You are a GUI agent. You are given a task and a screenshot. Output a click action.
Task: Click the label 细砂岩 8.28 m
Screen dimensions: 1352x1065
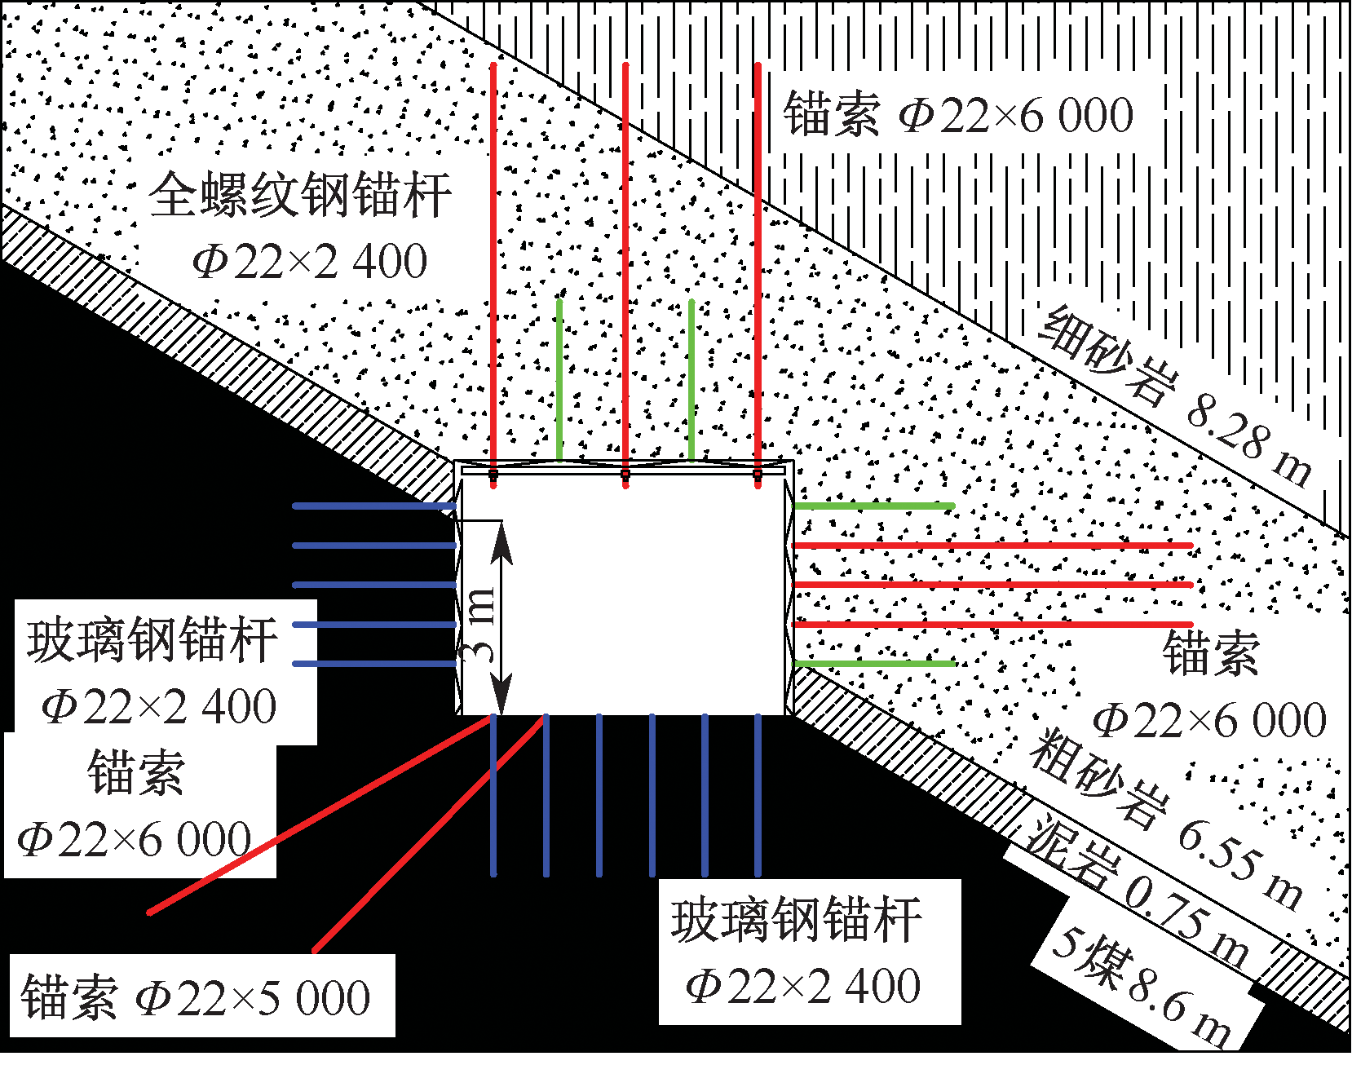tap(1175, 396)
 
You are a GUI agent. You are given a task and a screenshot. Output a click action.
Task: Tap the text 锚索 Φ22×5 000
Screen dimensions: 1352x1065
tap(196, 997)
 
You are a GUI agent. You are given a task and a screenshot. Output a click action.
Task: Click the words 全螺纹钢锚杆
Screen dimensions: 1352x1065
tap(300, 195)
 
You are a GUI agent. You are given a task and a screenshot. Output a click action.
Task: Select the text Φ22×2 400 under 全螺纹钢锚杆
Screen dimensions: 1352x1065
tap(310, 261)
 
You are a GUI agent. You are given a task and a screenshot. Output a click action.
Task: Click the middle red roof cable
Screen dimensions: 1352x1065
tap(625, 275)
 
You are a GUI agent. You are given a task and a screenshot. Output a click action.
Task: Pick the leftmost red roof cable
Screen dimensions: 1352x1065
tap(493, 275)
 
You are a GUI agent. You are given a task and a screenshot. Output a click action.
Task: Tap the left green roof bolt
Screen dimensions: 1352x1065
tap(559, 380)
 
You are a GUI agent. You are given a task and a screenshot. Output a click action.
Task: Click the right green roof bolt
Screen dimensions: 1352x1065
tap(691, 380)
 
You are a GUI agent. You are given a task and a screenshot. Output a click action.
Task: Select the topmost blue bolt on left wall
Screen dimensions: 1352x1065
tap(374, 506)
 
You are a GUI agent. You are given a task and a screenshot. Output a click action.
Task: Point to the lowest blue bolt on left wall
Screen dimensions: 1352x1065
tap(374, 664)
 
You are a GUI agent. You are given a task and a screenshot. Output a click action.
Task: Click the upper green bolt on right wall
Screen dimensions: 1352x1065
tap(874, 506)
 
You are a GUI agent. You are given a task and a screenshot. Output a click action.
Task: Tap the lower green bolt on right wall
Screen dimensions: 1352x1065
tap(874, 664)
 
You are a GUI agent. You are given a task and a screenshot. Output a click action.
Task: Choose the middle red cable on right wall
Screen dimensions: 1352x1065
tap(993, 585)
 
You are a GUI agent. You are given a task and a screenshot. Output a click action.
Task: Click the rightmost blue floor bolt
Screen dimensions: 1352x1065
tap(758, 796)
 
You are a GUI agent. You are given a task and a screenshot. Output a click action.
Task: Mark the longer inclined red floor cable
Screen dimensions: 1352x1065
tap(320, 815)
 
